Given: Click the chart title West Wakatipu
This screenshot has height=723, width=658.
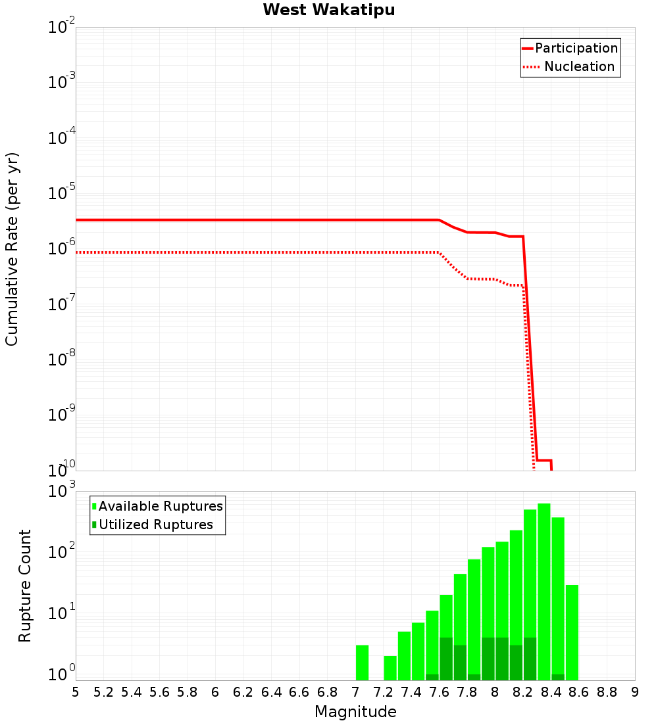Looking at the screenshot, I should [329, 11].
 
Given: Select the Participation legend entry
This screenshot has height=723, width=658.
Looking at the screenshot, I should [576, 48].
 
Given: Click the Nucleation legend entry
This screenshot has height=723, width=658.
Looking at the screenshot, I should [578, 66].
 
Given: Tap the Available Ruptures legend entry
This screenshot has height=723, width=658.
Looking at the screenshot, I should [160, 506].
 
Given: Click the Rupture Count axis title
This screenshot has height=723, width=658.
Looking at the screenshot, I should [25, 585].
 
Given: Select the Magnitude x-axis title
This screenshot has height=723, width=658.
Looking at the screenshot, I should [355, 712].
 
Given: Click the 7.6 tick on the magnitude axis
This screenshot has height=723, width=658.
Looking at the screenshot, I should [439, 692].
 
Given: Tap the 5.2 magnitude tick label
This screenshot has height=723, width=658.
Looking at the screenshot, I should [103, 692].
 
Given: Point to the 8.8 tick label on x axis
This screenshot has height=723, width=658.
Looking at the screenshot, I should [607, 692].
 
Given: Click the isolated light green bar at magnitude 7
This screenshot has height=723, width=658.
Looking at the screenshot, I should [362, 663].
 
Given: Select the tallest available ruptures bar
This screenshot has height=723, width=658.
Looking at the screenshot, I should [544, 592].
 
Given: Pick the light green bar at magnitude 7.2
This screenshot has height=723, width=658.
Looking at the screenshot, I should [390, 668].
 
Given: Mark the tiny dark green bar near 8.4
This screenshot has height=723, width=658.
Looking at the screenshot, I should [558, 677].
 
